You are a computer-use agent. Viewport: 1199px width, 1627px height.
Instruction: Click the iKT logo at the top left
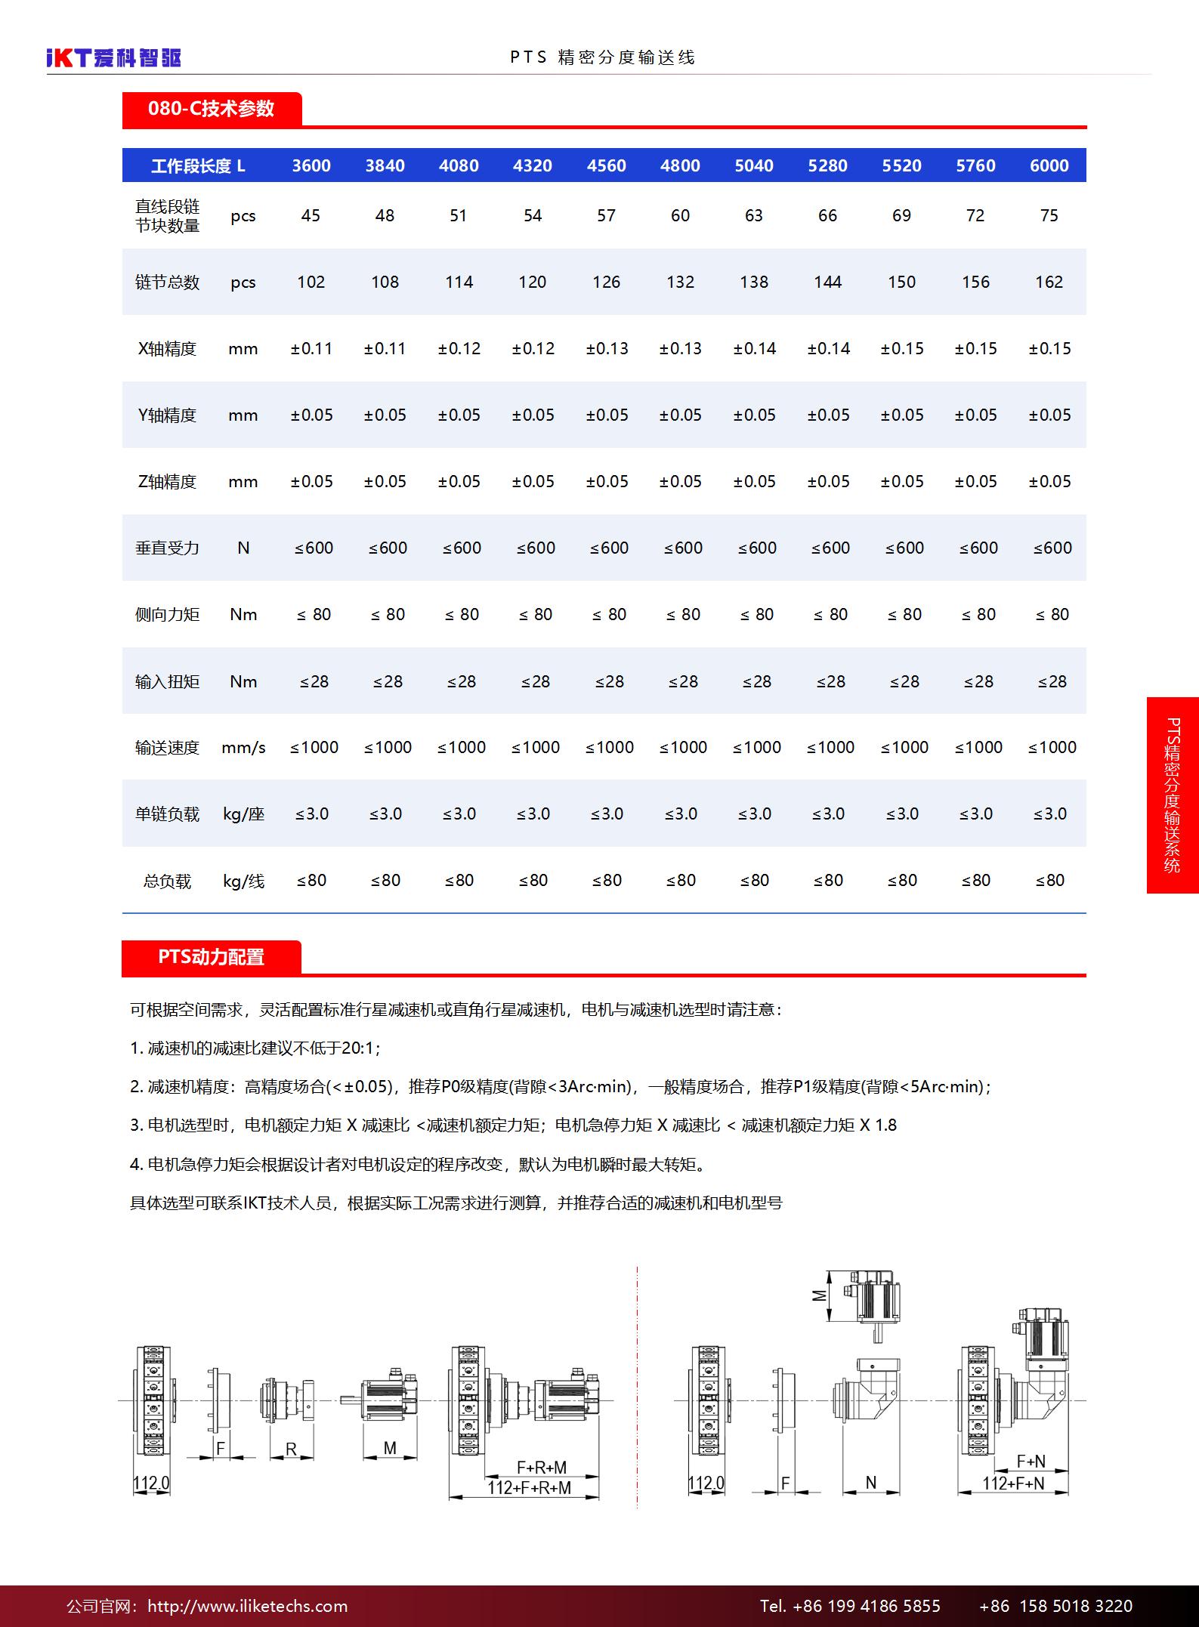point(113,57)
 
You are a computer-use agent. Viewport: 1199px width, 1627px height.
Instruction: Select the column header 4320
point(533,165)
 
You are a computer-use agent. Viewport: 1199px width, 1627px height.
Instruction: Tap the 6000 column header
point(1049,165)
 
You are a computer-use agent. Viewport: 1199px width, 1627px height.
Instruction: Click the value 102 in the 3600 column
point(311,282)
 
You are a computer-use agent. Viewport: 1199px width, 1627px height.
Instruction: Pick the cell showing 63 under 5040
point(753,215)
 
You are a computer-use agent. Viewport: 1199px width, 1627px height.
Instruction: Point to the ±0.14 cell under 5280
point(828,348)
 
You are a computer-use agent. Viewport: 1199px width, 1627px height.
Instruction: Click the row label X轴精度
point(167,348)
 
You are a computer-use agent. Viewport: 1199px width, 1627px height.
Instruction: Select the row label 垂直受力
point(167,548)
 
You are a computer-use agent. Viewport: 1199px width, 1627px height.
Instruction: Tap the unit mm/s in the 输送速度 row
point(243,747)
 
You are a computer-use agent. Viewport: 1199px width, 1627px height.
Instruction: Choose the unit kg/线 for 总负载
point(243,881)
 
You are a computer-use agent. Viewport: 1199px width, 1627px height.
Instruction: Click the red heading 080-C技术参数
point(211,109)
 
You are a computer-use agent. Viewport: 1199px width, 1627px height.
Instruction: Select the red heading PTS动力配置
point(211,957)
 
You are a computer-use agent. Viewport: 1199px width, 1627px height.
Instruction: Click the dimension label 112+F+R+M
point(529,1487)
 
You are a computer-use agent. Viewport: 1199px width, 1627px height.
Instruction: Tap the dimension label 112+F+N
point(1013,1483)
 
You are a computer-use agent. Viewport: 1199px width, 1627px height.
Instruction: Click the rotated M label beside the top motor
point(819,1295)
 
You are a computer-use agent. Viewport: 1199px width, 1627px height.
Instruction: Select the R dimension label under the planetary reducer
point(291,1449)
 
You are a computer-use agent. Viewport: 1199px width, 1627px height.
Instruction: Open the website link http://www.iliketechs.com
point(247,1606)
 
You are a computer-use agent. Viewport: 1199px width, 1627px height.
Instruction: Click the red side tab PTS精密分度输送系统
point(1172,795)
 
